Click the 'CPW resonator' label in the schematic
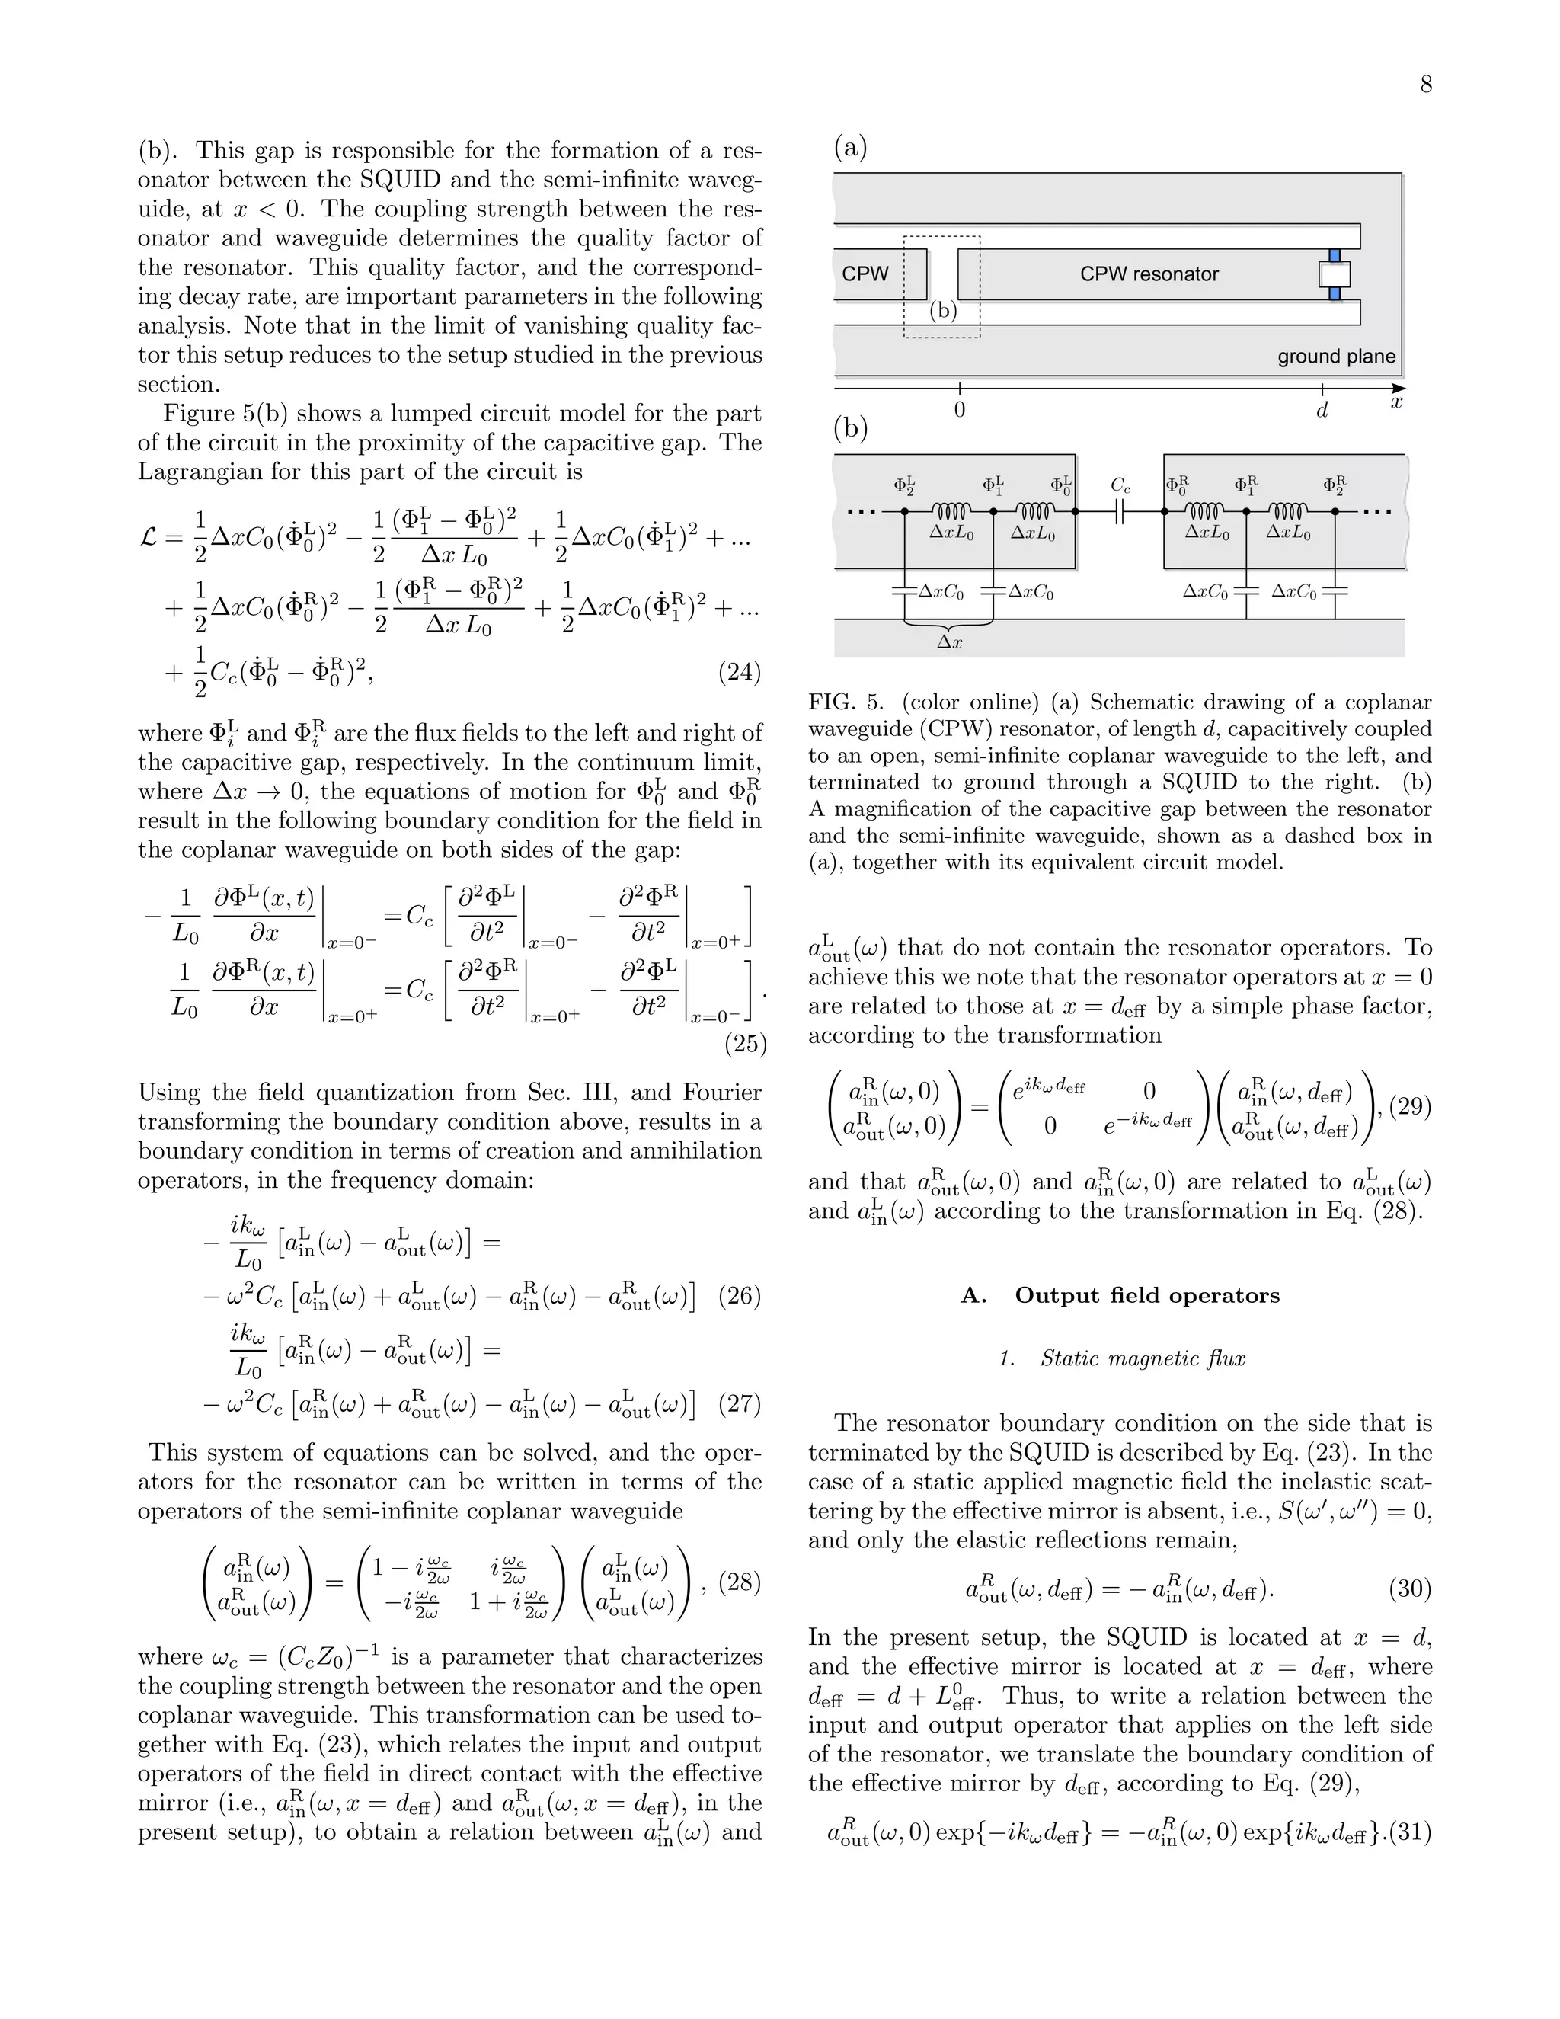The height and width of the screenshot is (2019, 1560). pyautogui.click(x=1149, y=274)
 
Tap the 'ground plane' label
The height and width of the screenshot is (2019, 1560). pyautogui.click(x=1335, y=357)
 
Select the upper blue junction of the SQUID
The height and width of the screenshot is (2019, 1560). pyautogui.click(x=1335, y=254)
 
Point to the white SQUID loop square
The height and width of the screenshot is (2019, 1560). pyautogui.click(x=1335, y=274)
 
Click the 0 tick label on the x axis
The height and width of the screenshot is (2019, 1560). pyautogui.click(x=959, y=411)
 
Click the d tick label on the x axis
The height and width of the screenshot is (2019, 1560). pyautogui.click(x=1322, y=411)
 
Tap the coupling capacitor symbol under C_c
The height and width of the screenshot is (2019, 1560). pyautogui.click(x=1119, y=511)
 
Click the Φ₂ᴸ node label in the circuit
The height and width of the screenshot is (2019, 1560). pyautogui.click(x=904, y=485)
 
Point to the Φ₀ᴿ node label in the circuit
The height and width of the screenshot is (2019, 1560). pyautogui.click(x=1176, y=485)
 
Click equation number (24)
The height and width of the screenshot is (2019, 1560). pyautogui.click(x=740, y=673)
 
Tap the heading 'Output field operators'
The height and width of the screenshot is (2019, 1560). pyautogui.click(x=1147, y=1295)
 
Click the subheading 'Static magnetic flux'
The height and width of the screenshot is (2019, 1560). pyautogui.click(x=1143, y=1358)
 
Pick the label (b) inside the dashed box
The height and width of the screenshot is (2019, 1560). pyautogui.click(x=943, y=311)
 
